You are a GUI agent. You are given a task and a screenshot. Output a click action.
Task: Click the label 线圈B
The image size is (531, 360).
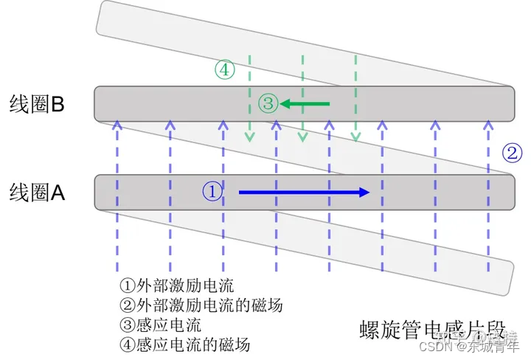coord(38,104)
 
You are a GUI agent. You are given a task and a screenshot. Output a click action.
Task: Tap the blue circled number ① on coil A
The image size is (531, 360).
coord(212,192)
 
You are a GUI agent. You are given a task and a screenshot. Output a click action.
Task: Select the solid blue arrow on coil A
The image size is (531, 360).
coord(303,193)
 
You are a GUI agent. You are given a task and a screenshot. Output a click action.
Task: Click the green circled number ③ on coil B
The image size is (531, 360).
coord(268,103)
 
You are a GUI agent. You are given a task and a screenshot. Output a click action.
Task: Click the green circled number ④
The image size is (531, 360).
coord(225,70)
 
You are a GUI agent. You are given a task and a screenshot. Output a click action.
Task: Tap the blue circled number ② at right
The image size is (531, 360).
coord(513,153)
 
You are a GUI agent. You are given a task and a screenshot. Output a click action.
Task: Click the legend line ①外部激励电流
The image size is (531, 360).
coord(176,285)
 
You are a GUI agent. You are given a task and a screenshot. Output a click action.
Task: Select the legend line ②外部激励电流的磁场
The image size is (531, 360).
coord(201,305)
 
